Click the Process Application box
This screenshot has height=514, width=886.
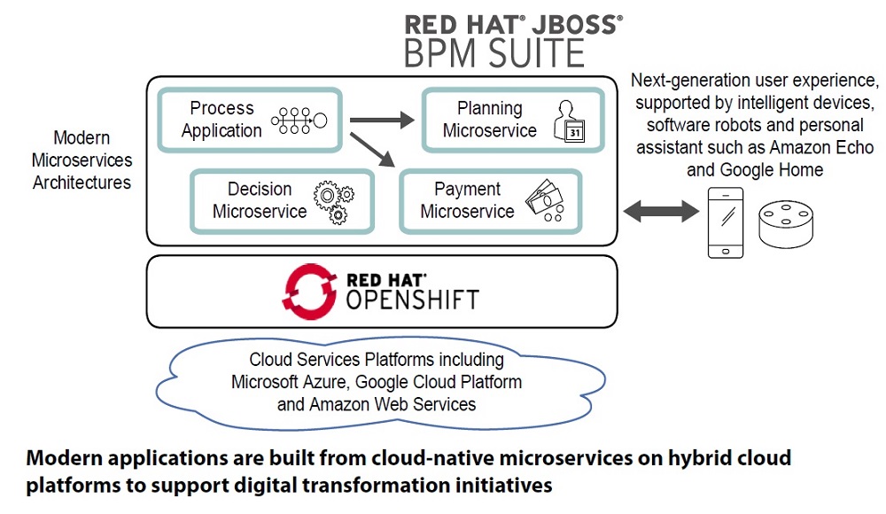248,120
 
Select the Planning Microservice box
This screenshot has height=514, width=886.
512,120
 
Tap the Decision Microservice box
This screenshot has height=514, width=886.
282,201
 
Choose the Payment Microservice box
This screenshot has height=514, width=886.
490,201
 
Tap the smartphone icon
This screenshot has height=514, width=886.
724,222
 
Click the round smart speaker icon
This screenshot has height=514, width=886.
785,227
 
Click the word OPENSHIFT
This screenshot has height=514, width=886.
412,300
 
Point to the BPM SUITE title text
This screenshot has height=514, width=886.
494,54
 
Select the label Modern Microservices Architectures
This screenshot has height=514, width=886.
82,160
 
